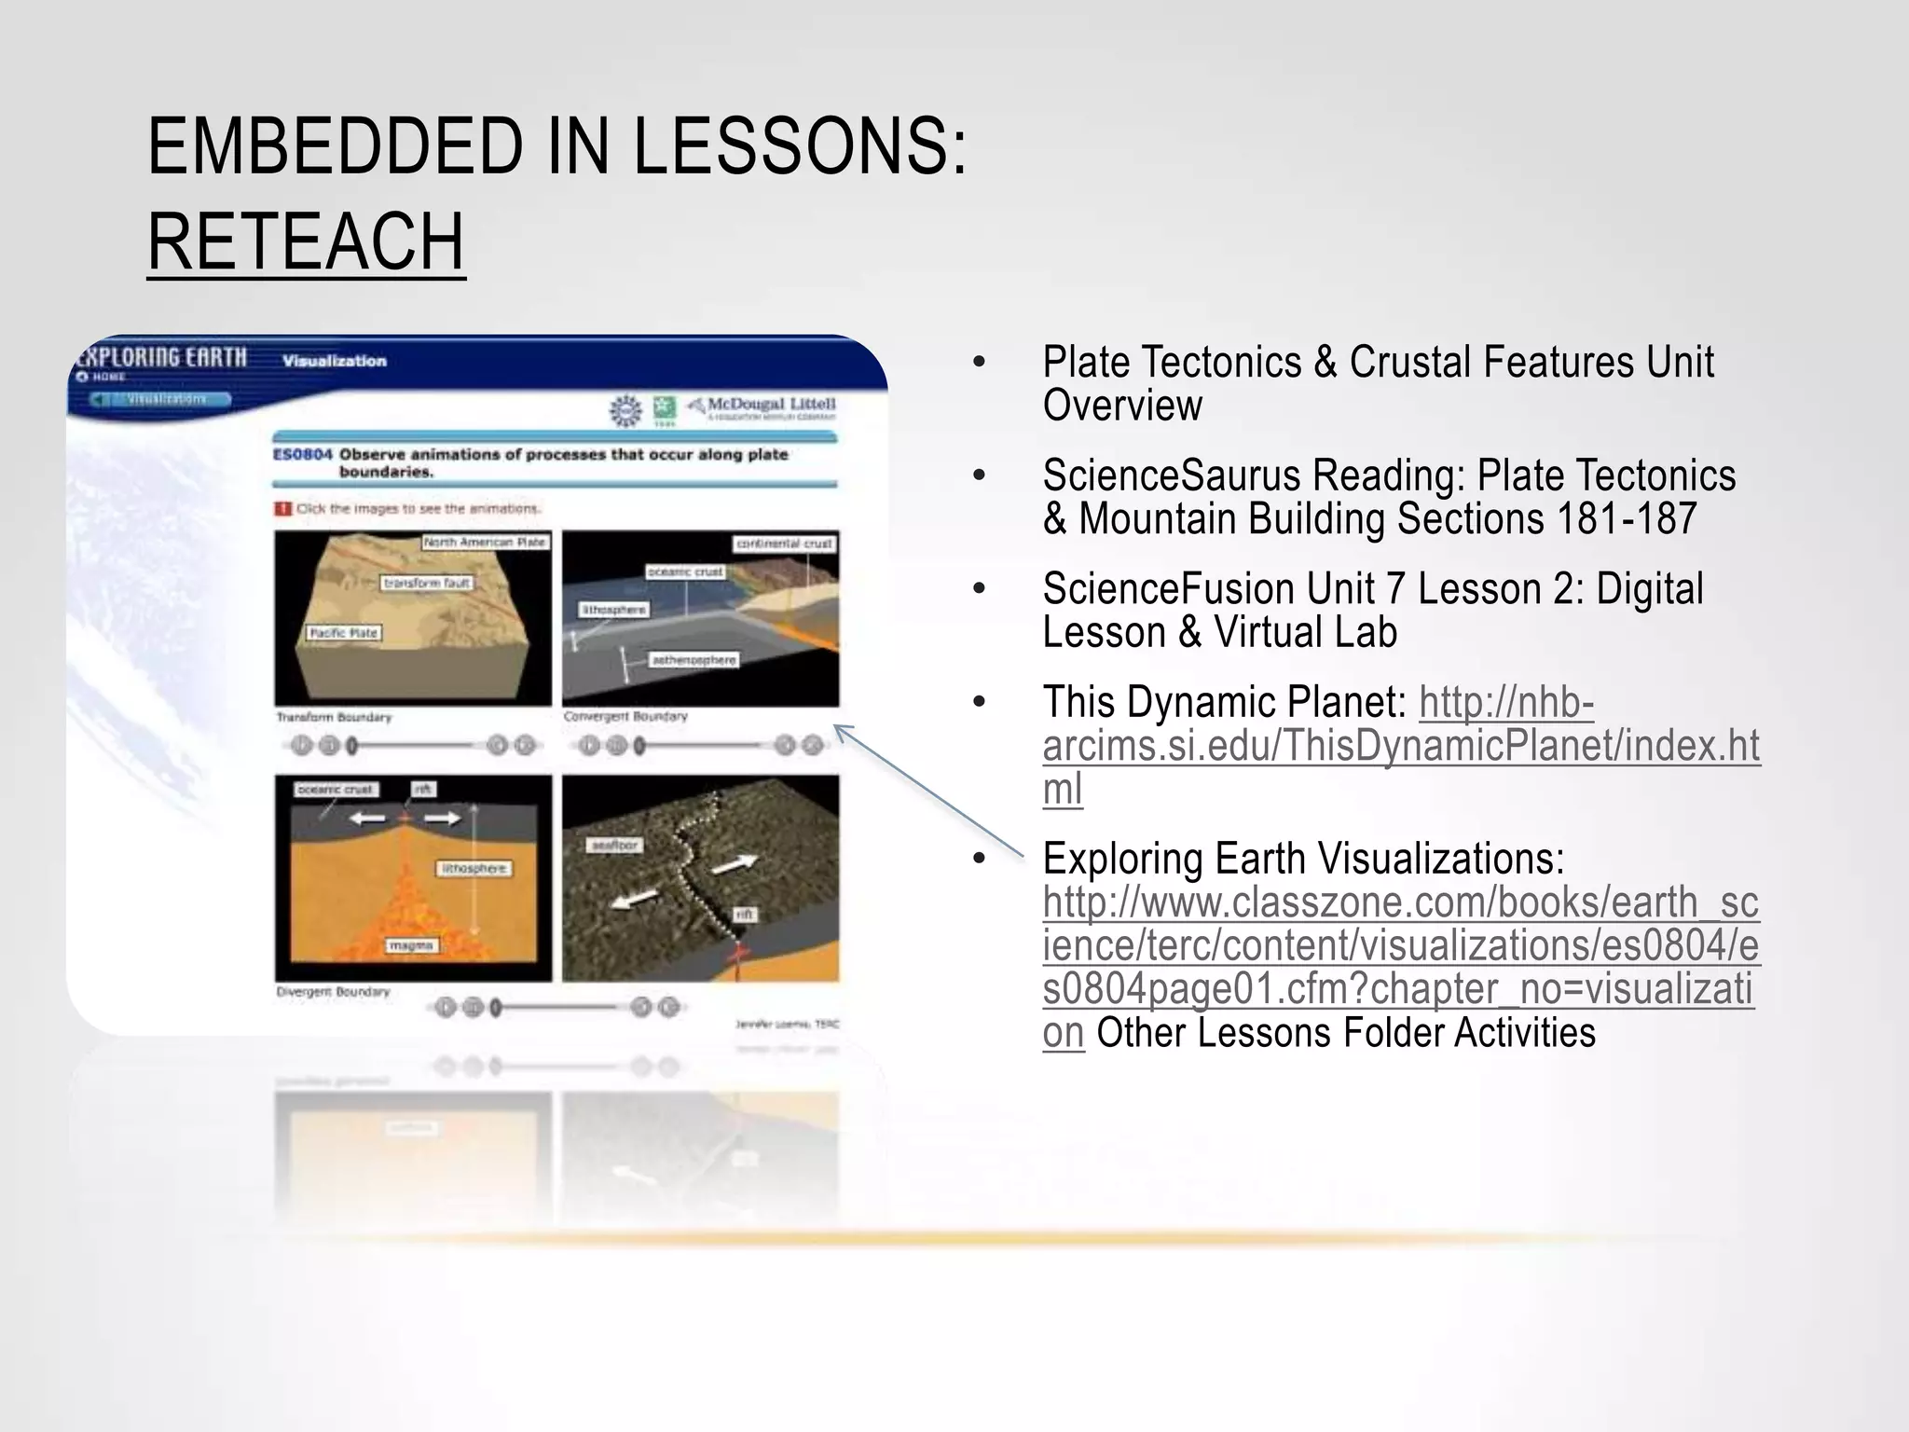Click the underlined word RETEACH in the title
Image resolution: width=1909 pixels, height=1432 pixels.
coord(306,242)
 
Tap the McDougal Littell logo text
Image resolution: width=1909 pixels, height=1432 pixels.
coord(770,405)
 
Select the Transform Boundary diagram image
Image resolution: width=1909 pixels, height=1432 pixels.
coord(413,618)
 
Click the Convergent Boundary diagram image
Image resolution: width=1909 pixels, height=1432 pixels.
coord(700,618)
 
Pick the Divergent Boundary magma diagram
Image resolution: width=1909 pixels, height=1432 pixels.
coord(413,877)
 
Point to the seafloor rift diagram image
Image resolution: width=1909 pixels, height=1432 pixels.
coord(700,877)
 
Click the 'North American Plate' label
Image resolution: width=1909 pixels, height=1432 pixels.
coord(485,542)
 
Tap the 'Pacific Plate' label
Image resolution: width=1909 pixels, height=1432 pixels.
coord(344,633)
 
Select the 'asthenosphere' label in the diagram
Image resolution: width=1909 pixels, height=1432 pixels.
coord(694,660)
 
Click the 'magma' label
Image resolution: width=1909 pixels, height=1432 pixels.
coord(411,945)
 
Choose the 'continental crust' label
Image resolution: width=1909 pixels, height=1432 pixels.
coord(784,543)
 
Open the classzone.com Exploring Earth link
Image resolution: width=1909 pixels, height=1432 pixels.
coord(1398,945)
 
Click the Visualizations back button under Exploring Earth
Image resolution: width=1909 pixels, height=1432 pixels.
coord(160,399)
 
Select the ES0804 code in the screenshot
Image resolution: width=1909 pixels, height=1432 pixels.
coord(302,455)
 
